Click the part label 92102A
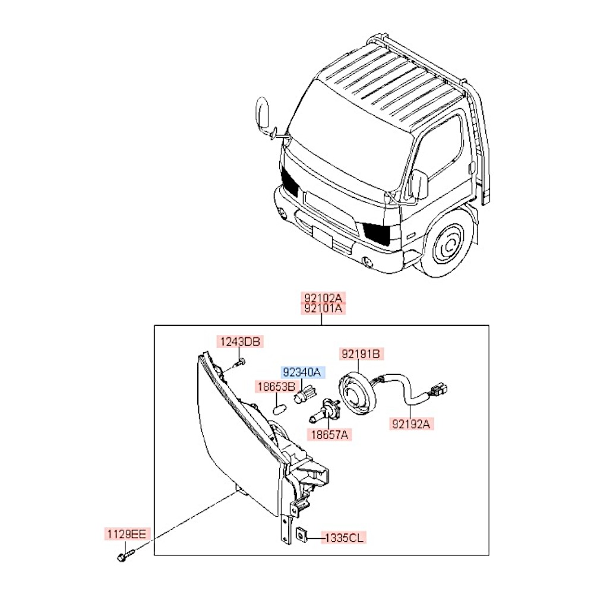pyautogui.click(x=324, y=298)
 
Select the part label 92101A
pyautogui.click(x=324, y=308)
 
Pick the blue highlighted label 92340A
pyautogui.click(x=302, y=372)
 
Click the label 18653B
pyautogui.click(x=276, y=387)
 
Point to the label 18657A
pyautogui.click(x=329, y=435)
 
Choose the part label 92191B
pyautogui.click(x=360, y=355)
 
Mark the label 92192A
pyautogui.click(x=412, y=424)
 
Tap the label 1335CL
pyautogui.click(x=345, y=538)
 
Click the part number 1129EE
pyautogui.click(x=126, y=534)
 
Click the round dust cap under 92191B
pyautogui.click(x=359, y=393)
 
